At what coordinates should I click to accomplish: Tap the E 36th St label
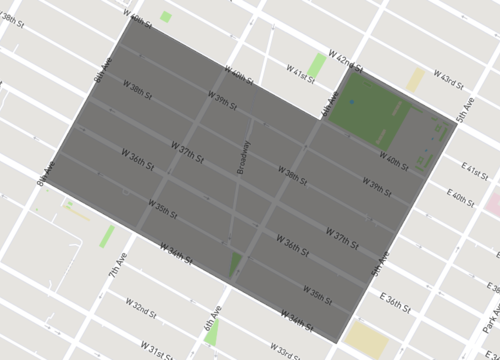coord(397,302)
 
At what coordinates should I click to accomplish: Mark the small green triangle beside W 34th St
coord(236,265)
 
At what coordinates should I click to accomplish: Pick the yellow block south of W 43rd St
coord(415,80)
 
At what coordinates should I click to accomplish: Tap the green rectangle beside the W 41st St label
coord(317,68)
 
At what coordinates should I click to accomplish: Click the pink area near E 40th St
coord(492,200)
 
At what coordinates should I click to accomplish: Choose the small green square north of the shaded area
coord(165,17)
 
